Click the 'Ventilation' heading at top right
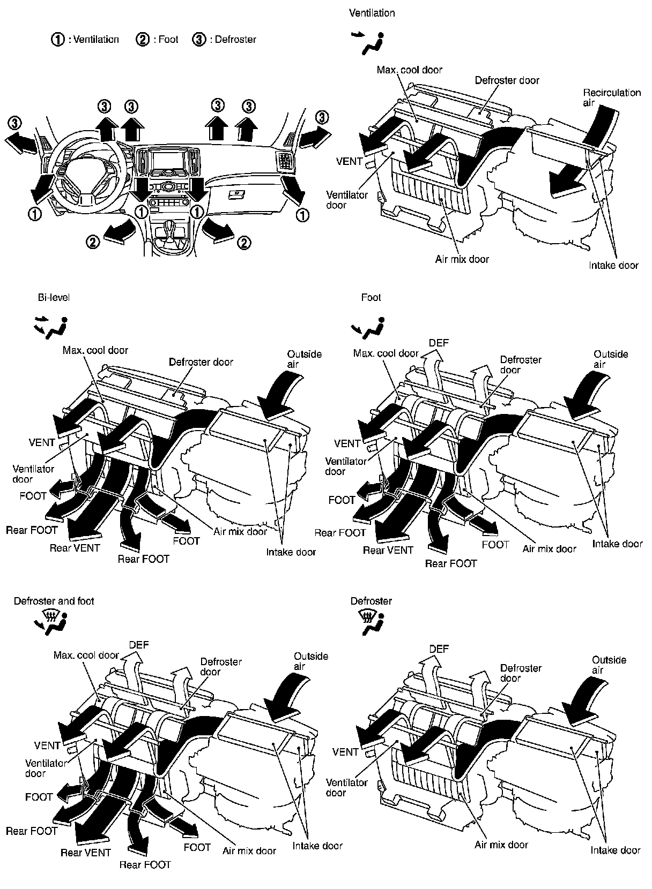[372, 13]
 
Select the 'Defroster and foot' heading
[54, 601]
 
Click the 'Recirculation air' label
[611, 97]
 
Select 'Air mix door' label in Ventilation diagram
[462, 259]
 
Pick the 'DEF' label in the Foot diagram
[439, 343]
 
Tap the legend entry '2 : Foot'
[158, 39]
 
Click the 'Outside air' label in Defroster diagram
[609, 665]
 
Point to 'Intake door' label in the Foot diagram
[617, 544]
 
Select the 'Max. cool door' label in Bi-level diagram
[95, 350]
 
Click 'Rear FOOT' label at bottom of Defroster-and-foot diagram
[145, 864]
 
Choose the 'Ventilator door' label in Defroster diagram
[346, 787]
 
